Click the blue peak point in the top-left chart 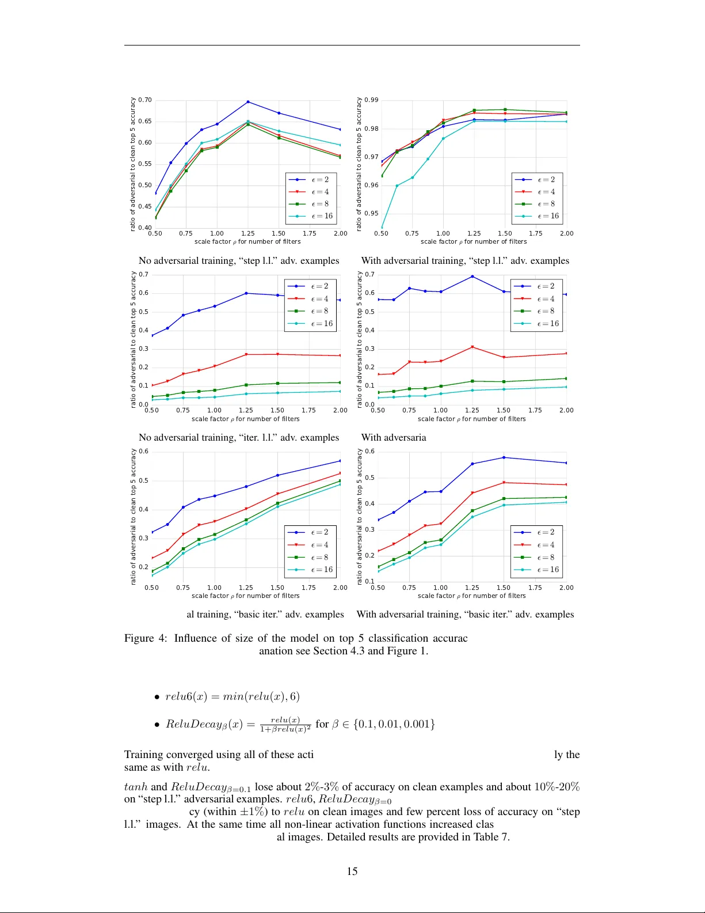tap(248, 102)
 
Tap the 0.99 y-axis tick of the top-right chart tap(371, 100)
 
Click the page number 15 tap(352, 872)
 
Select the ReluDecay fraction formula tap(285, 725)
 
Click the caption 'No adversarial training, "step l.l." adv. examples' tap(239, 261)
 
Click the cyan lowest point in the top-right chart tap(382, 228)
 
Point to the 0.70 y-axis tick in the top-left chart tap(145, 100)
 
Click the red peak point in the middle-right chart tap(472, 347)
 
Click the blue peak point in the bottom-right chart tap(504, 457)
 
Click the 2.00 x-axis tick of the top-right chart tap(566, 234)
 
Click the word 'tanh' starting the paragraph tap(136, 787)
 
